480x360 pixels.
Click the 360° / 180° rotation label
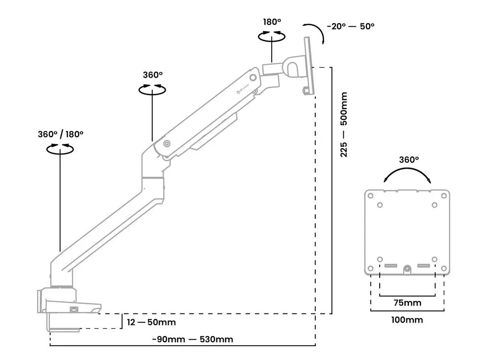[60, 134]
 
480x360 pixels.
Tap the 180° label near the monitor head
[272, 22]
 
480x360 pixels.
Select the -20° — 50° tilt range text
[351, 26]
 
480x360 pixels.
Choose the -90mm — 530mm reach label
[192, 339]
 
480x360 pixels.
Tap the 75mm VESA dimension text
[407, 302]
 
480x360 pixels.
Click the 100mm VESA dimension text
[407, 319]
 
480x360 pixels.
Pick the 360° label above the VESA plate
[409, 159]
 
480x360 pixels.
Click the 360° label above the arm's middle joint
[153, 75]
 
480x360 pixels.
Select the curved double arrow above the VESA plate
[407, 174]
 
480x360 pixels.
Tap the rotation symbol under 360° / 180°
[60, 149]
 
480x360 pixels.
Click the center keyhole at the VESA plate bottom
[407, 269]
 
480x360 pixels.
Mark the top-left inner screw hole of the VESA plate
[380, 205]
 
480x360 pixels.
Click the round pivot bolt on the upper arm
[167, 144]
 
